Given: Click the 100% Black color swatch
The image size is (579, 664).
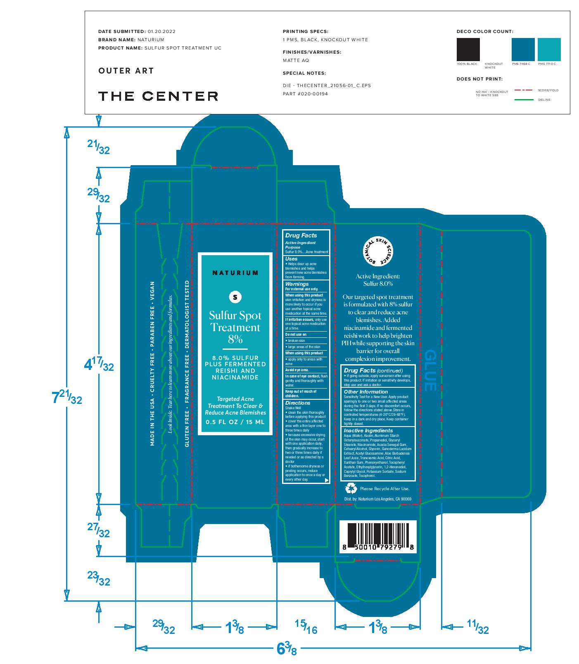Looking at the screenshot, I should click(x=468, y=50).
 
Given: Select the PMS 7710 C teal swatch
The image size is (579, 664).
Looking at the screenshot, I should click(x=549, y=50).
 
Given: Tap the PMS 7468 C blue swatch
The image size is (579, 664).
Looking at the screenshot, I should click(x=523, y=50).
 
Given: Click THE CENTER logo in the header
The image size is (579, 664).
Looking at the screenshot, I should click(x=158, y=96).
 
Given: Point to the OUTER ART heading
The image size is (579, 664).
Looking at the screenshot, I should click(x=126, y=71).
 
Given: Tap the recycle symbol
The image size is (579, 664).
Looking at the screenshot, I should click(x=351, y=489).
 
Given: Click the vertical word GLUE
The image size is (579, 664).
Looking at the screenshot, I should click(x=430, y=370).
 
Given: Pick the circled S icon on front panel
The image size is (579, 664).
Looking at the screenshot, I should click(x=235, y=296).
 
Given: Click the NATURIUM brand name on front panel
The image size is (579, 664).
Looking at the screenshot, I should click(x=235, y=273).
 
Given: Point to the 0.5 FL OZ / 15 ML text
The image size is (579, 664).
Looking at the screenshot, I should click(x=235, y=422).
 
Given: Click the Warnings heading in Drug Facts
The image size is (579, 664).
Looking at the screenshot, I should click(x=297, y=284).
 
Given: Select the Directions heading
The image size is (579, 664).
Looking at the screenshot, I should click(x=298, y=403).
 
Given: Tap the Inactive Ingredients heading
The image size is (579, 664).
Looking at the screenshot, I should click(x=368, y=431).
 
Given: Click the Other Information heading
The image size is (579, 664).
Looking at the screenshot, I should click(x=366, y=392).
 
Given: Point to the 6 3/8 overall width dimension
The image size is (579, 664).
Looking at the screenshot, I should click(x=286, y=650).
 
